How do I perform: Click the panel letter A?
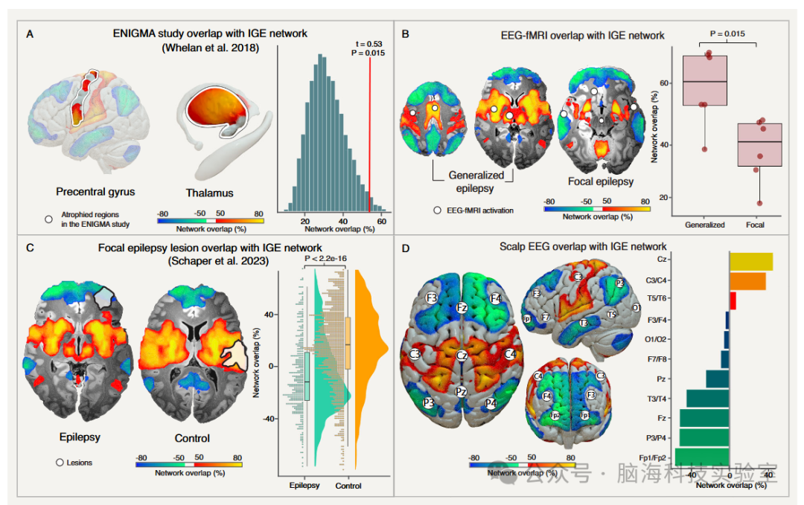[x=30, y=33]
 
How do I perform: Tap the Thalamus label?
[x=209, y=193]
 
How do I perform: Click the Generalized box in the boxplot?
[x=704, y=80]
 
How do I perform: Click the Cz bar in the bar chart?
[x=751, y=261]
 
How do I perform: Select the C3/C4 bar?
[x=747, y=281]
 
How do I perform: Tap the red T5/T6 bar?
[x=733, y=300]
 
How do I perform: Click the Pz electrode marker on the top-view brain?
[x=462, y=391]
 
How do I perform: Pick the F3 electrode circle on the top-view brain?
[x=431, y=297]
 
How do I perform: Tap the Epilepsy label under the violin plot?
[x=304, y=486]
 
